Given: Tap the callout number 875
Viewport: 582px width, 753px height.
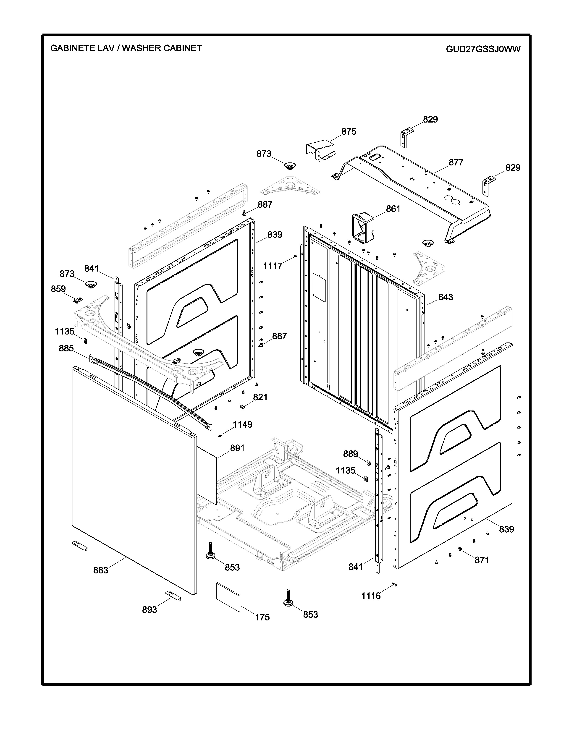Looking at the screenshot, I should pos(349,131).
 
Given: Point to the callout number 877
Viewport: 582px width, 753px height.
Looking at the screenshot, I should pos(456,162).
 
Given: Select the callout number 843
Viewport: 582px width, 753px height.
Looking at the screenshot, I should pos(446,297).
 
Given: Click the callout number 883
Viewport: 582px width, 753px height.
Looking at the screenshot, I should pos(101,570).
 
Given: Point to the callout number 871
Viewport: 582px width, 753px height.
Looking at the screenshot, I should pos(482,560).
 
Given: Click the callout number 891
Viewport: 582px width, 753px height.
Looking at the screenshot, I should pos(237,448).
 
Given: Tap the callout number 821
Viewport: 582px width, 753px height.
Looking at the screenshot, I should pos(260,397).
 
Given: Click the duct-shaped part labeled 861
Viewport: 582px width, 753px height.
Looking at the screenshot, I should pos(362,227).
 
